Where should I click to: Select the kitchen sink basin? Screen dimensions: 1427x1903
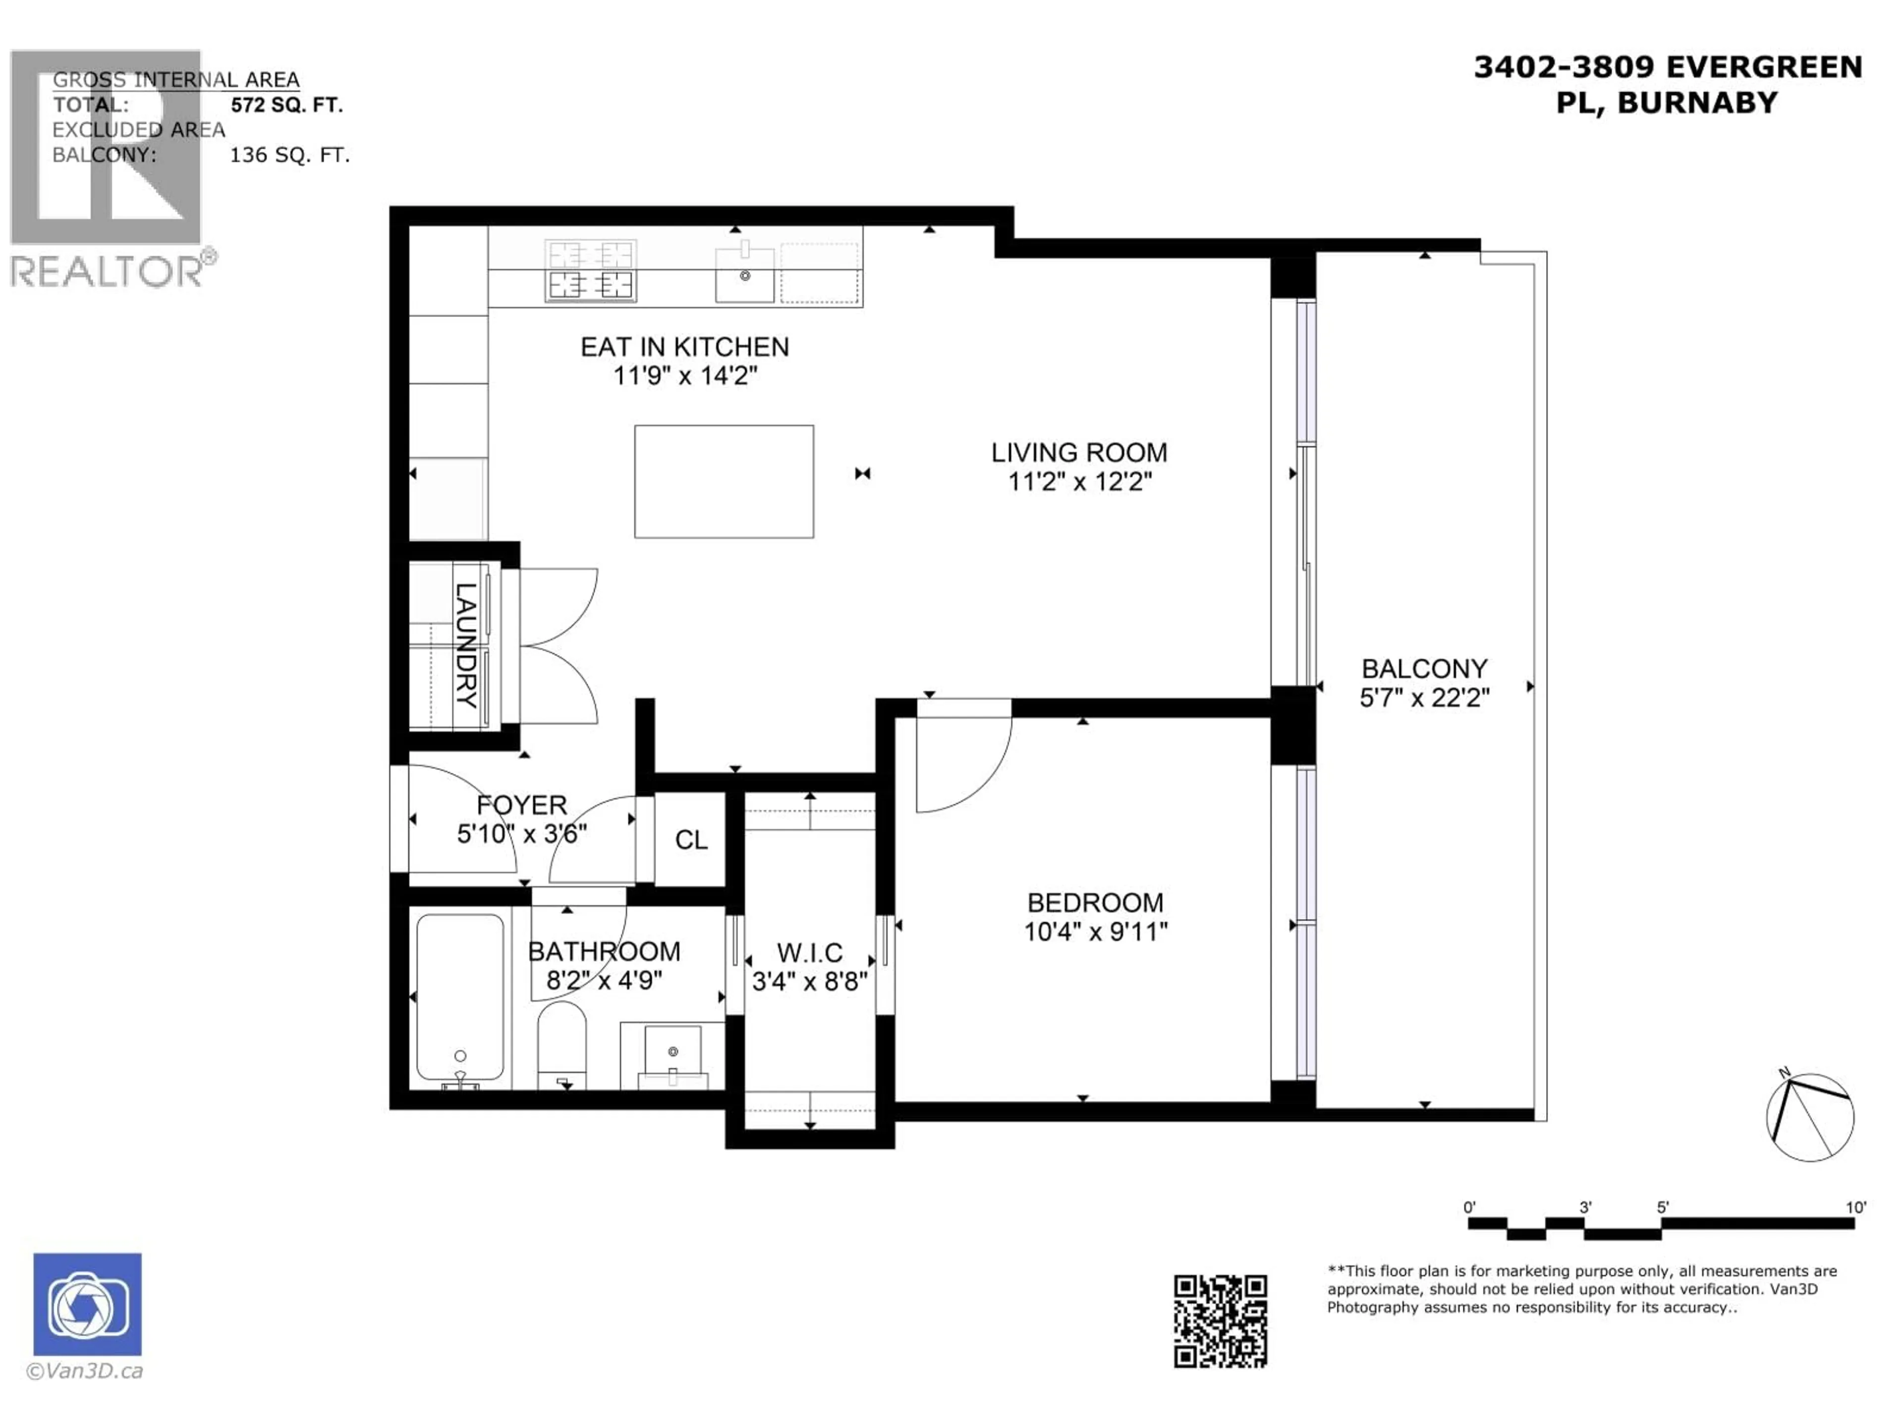coord(744,275)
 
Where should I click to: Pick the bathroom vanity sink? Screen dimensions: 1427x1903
coord(673,1054)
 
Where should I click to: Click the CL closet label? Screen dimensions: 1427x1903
coord(691,839)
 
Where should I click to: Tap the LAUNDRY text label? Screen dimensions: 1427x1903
coord(465,645)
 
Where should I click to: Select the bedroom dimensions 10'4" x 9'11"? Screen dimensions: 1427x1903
coord(1095,932)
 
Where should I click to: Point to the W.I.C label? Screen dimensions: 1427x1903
coord(810,952)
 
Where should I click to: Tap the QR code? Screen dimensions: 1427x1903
coord(1220,1321)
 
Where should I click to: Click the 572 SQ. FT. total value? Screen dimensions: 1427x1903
coord(286,105)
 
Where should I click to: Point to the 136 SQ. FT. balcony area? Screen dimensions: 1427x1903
coord(289,156)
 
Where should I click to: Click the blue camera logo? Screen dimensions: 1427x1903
coord(87,1304)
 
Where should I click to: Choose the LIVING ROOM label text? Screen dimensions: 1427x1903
coord(1079,452)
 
